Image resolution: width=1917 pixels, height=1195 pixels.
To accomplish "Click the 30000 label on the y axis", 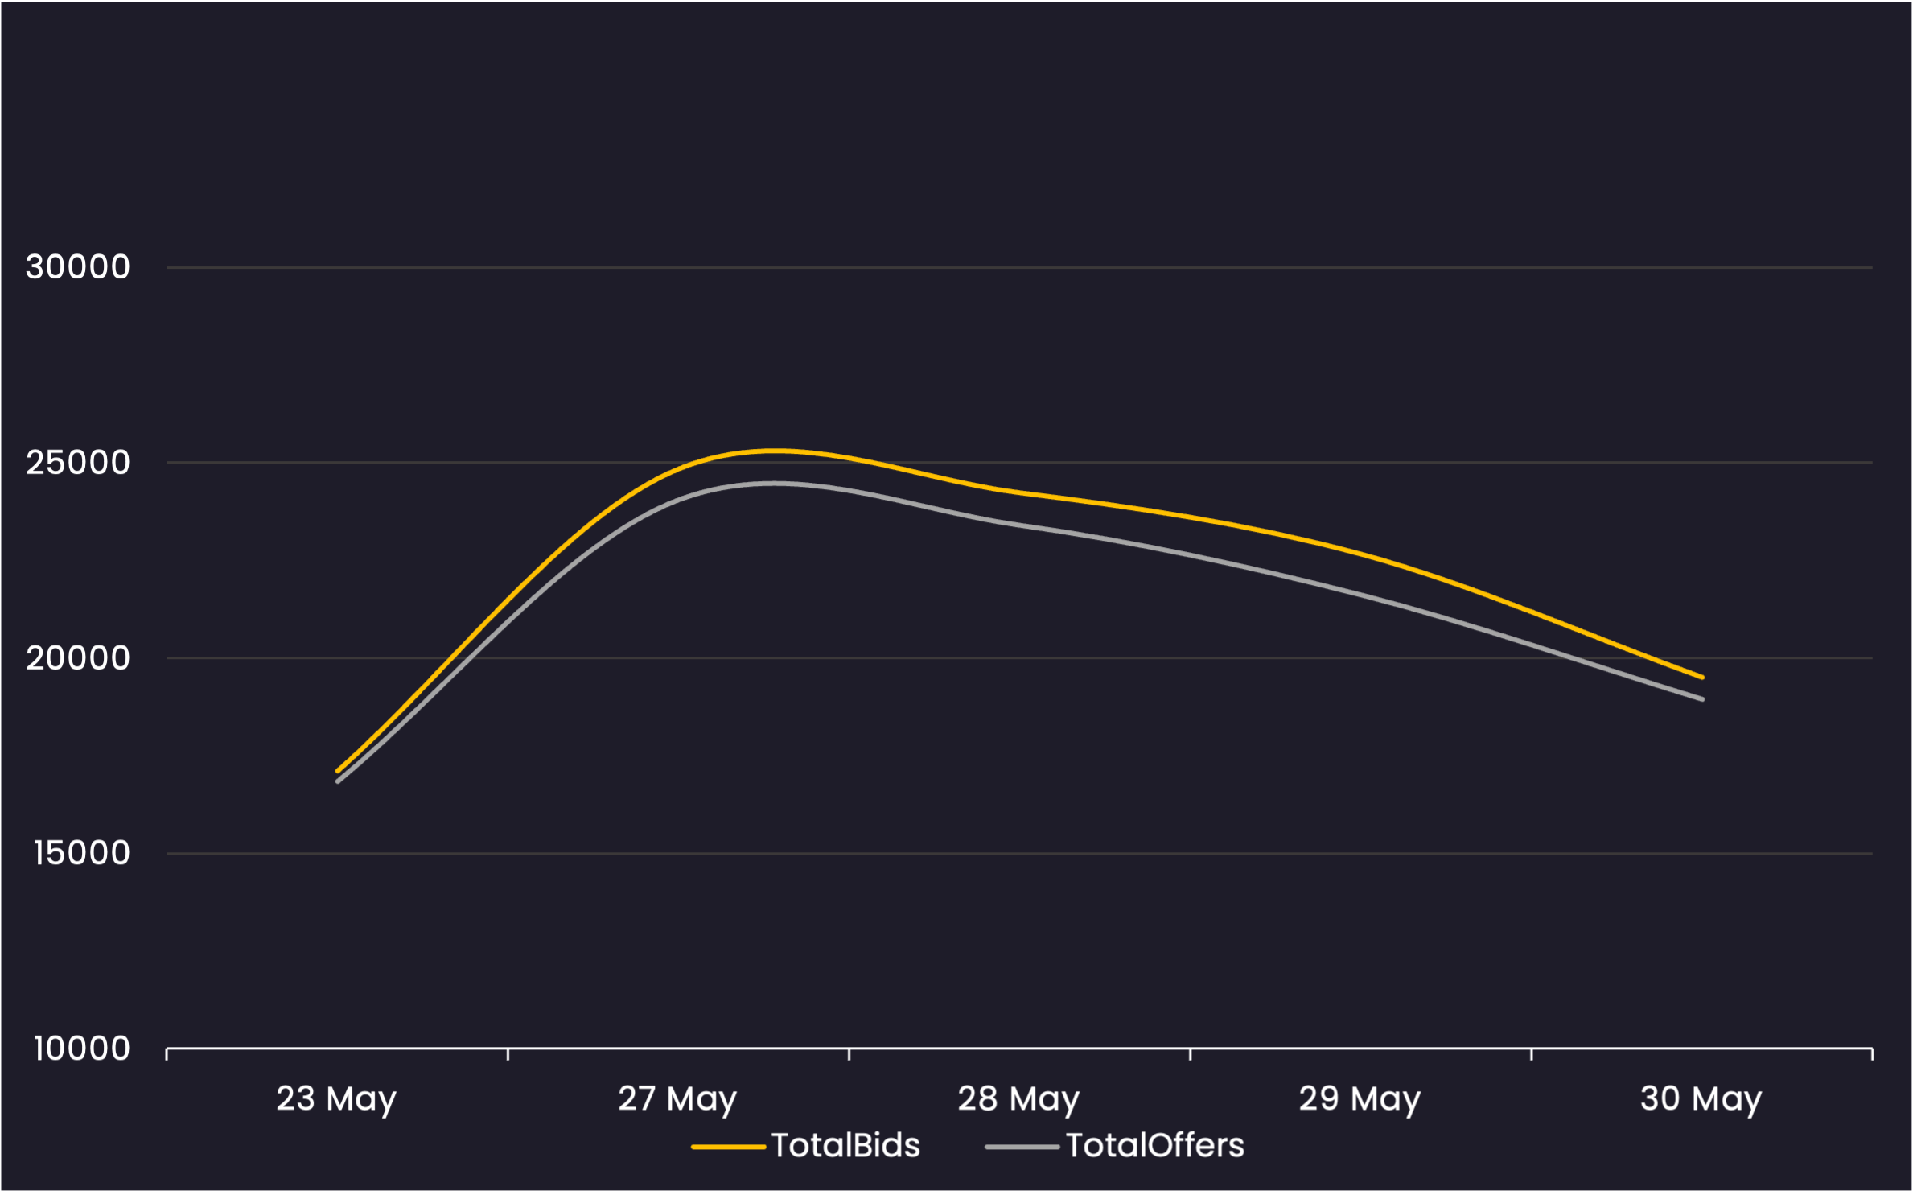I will tap(77, 267).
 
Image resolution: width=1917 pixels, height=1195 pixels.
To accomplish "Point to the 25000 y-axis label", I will tap(77, 463).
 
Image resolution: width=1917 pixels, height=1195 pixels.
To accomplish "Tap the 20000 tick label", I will tap(77, 658).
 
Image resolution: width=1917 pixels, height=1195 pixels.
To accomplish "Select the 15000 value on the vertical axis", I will tap(80, 853).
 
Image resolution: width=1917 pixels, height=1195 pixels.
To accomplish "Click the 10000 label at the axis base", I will tap(80, 1049).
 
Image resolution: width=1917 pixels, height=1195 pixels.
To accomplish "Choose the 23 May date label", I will tap(336, 1099).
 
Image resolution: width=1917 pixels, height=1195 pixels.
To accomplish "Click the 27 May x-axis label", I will tap(677, 1099).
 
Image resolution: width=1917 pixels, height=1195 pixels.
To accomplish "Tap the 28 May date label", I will tap(1018, 1099).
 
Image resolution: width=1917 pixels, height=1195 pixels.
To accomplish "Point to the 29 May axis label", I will tap(1360, 1099).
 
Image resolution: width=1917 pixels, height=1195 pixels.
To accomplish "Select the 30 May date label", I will tap(1701, 1099).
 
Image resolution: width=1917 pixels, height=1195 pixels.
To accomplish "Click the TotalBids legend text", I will tap(845, 1146).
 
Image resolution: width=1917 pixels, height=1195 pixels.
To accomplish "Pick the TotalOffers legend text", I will tap(1155, 1146).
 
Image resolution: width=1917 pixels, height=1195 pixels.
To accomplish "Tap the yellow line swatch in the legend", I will tap(728, 1147).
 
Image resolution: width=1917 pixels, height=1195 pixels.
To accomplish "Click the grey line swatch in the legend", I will tap(1022, 1147).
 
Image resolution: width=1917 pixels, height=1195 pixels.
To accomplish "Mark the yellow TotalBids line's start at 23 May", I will tap(338, 771).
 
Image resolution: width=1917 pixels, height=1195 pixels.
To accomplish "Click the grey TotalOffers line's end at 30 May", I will tap(1702, 699).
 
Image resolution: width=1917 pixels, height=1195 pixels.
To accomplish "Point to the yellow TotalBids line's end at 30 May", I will tap(1702, 678).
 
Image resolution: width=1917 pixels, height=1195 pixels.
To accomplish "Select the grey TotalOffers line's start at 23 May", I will tap(338, 781).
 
